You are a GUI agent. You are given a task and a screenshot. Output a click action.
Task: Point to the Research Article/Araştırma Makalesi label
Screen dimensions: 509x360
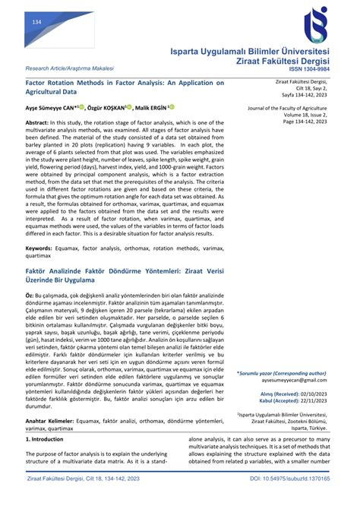[x=63, y=67]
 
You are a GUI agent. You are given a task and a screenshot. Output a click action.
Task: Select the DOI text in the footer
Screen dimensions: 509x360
[x=291, y=500]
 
